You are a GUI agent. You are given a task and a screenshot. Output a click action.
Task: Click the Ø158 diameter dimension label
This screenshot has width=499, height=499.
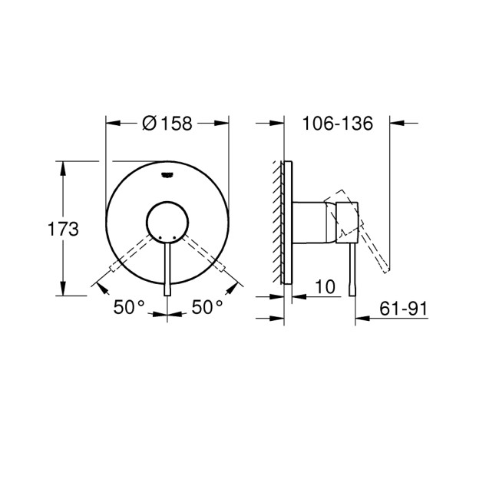pos(167,123)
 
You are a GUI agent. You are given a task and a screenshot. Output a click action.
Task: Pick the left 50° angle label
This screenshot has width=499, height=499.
pos(129,307)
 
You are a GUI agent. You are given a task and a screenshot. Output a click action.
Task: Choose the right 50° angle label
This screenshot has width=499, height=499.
pos(207,307)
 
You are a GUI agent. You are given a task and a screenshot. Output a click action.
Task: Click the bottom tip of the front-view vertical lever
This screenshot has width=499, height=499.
pos(167,294)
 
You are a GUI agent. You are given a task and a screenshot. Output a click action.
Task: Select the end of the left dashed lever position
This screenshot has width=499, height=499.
pos(114,267)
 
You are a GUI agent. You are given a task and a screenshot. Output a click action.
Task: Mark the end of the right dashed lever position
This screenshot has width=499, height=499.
pos(222,267)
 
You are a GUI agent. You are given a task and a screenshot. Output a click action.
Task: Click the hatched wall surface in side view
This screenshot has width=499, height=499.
pos(276,222)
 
